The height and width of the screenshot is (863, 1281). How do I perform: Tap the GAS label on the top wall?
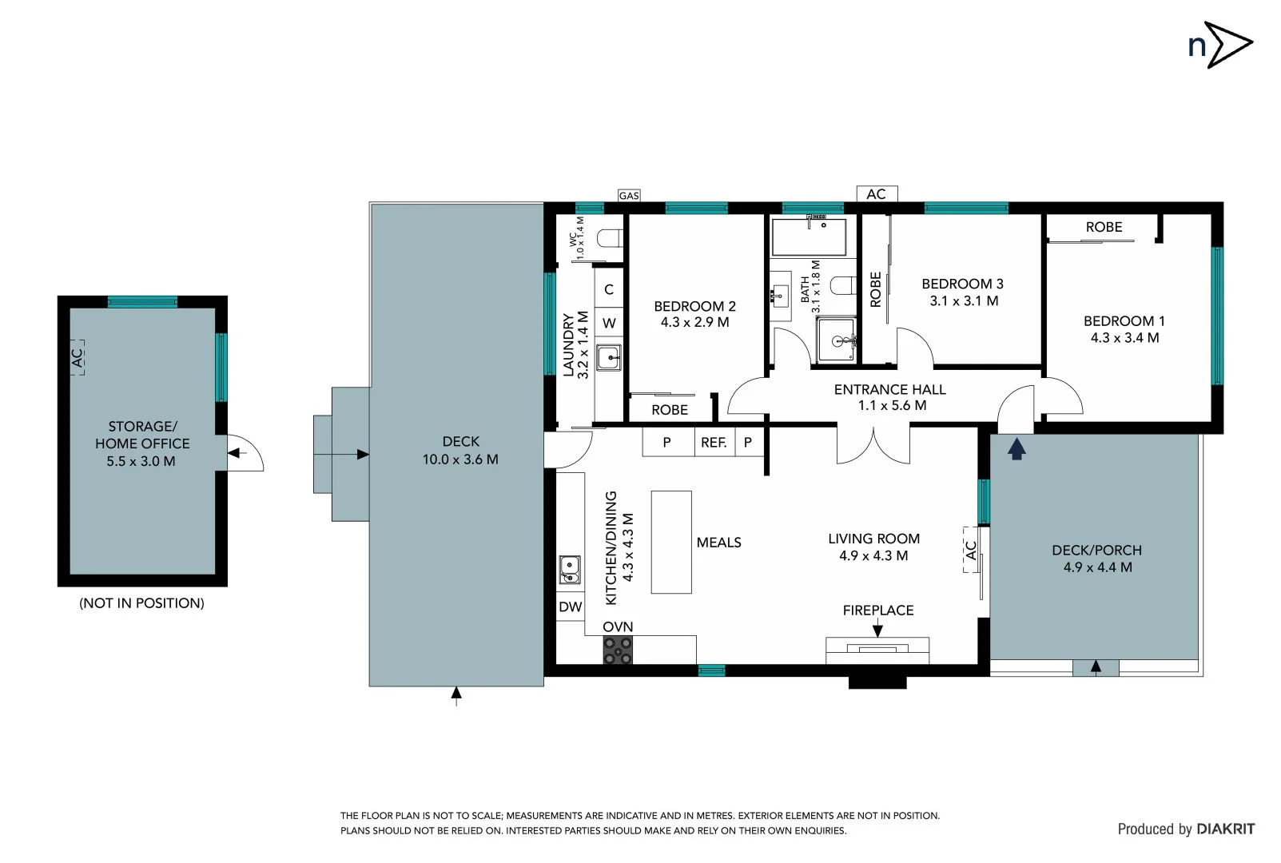click(x=629, y=196)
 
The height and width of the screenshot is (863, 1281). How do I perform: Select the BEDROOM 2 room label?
click(x=694, y=306)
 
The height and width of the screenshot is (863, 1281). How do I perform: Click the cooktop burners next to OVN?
click(x=618, y=650)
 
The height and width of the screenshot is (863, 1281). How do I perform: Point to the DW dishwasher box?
click(x=571, y=607)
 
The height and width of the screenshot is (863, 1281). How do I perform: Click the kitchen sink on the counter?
click(x=570, y=570)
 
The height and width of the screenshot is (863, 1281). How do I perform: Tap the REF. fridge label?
click(x=714, y=443)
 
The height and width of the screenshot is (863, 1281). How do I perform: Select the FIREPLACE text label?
click(x=877, y=610)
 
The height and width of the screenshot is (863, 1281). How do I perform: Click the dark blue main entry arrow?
click(x=1016, y=449)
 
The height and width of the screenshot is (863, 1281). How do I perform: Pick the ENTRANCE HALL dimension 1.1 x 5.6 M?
click(x=892, y=406)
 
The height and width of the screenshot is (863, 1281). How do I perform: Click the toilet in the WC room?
click(x=610, y=238)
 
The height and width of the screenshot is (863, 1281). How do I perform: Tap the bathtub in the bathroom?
click(x=809, y=236)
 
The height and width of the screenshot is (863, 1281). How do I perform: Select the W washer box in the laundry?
click(x=609, y=324)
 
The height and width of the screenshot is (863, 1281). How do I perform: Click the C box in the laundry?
click(x=609, y=289)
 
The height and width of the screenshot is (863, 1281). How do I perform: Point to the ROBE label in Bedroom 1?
click(x=1104, y=228)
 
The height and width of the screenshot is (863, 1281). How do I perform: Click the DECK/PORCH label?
click(x=1096, y=551)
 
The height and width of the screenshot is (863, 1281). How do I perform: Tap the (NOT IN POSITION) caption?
click(x=141, y=603)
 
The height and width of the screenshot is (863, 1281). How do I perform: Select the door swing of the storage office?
click(x=245, y=453)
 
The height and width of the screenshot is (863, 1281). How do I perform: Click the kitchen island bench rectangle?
click(x=671, y=542)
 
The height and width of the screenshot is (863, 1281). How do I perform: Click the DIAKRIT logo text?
click(x=1225, y=829)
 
